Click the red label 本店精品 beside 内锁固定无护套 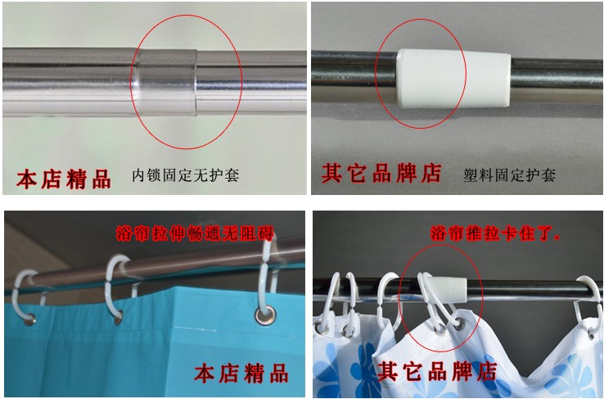tap(64, 179)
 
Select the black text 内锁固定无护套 tap(186, 175)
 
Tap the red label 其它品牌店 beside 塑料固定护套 tap(381, 173)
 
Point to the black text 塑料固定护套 tap(509, 175)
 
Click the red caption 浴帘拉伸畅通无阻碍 tap(195, 234)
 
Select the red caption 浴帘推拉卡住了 tap(494, 234)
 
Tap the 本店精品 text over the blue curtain tap(241, 373)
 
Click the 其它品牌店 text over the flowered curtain tap(437, 372)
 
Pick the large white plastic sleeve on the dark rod tap(453, 79)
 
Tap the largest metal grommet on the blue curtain tap(265, 315)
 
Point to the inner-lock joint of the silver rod tap(165, 82)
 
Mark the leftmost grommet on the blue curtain tap(30, 320)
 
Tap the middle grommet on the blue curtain tap(119, 318)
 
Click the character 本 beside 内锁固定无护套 tap(26, 179)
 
